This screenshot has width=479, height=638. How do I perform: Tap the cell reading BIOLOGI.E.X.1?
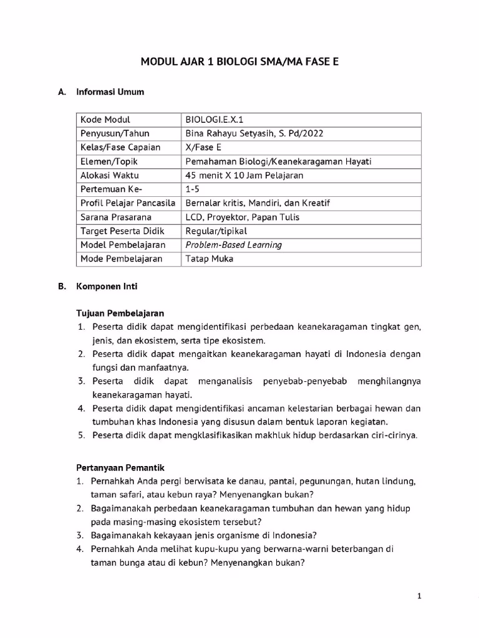pyautogui.click(x=215, y=120)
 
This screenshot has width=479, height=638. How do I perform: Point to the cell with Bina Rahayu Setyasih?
pyautogui.click(x=254, y=133)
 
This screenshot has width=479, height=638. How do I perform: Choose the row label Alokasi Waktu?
pyautogui.click(x=110, y=175)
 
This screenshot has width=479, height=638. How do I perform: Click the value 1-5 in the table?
pyautogui.click(x=192, y=189)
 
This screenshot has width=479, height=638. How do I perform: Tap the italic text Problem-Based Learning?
pyautogui.click(x=233, y=245)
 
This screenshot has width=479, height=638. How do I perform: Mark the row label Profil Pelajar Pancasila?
pyautogui.click(x=127, y=203)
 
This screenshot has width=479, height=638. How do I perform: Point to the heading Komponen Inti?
pyautogui.click(x=107, y=287)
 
